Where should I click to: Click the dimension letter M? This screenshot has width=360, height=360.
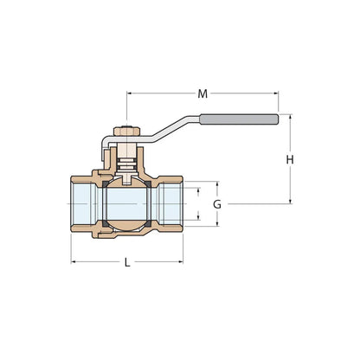coord(203,93)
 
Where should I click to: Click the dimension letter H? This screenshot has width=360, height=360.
coord(290,159)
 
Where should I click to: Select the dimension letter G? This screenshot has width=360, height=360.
coord(217,204)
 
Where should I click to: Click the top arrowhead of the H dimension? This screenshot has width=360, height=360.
coord(290,119)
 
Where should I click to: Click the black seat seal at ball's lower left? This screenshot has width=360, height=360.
coord(105,227)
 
